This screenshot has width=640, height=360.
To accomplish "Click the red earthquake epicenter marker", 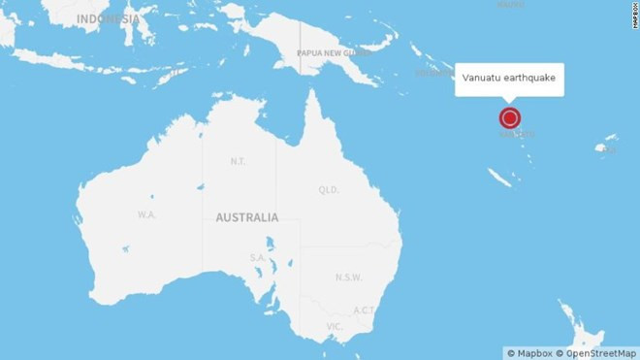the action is [510, 118].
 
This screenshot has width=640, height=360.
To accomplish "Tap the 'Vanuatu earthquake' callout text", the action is [509, 79].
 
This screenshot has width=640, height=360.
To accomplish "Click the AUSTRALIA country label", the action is [247, 217].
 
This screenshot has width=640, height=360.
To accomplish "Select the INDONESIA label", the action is [108, 18].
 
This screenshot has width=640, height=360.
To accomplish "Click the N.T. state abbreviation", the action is [238, 161].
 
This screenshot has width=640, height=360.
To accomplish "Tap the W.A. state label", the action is [146, 213].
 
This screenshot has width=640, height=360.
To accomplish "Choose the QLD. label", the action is [329, 190].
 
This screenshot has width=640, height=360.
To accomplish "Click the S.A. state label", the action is [258, 257].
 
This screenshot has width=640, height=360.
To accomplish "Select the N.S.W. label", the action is [348, 277].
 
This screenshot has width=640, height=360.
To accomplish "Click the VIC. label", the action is [335, 326].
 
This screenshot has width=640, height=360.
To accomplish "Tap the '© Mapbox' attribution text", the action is [528, 352].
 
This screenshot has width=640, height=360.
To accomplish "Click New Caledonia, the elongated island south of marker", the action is [500, 178].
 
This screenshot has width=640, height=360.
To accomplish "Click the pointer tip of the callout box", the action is [510, 101].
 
